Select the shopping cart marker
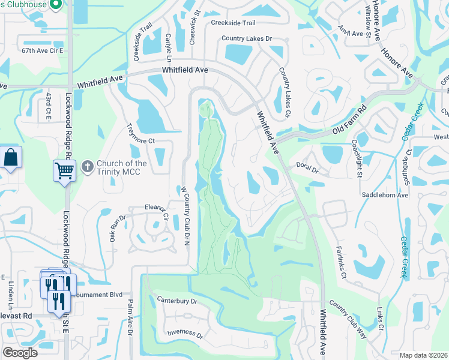click(64, 170)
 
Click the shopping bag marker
click(11, 158)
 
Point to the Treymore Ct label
click(142, 133)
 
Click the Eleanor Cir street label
click(156, 208)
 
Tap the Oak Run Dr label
click(116, 229)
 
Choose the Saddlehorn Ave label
click(385, 195)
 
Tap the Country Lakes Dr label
click(247, 38)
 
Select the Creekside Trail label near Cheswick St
click(233, 23)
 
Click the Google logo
click(20, 353)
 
